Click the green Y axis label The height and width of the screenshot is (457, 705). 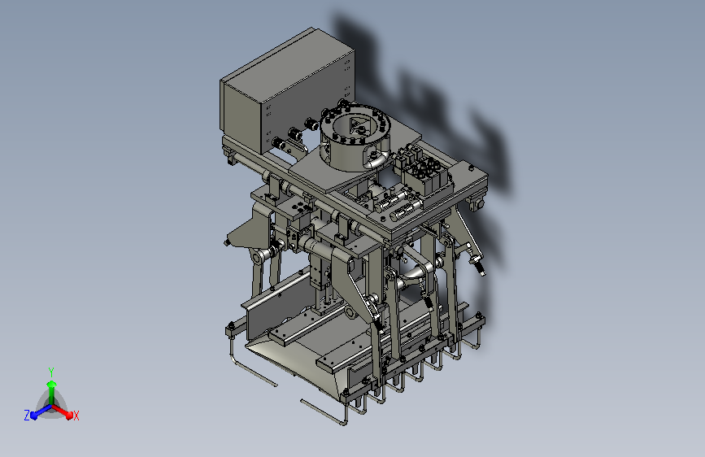point(51,372)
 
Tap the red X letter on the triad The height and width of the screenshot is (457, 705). point(76,416)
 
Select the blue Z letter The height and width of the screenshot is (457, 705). point(27,416)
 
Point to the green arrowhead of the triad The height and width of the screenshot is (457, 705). point(52,384)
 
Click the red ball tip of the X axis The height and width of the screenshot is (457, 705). point(69,415)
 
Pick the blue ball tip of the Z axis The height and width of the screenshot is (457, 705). point(34,415)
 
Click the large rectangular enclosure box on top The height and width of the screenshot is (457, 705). point(287,91)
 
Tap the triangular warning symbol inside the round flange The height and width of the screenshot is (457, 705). point(358,124)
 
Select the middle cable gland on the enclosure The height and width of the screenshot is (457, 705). point(294,133)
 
